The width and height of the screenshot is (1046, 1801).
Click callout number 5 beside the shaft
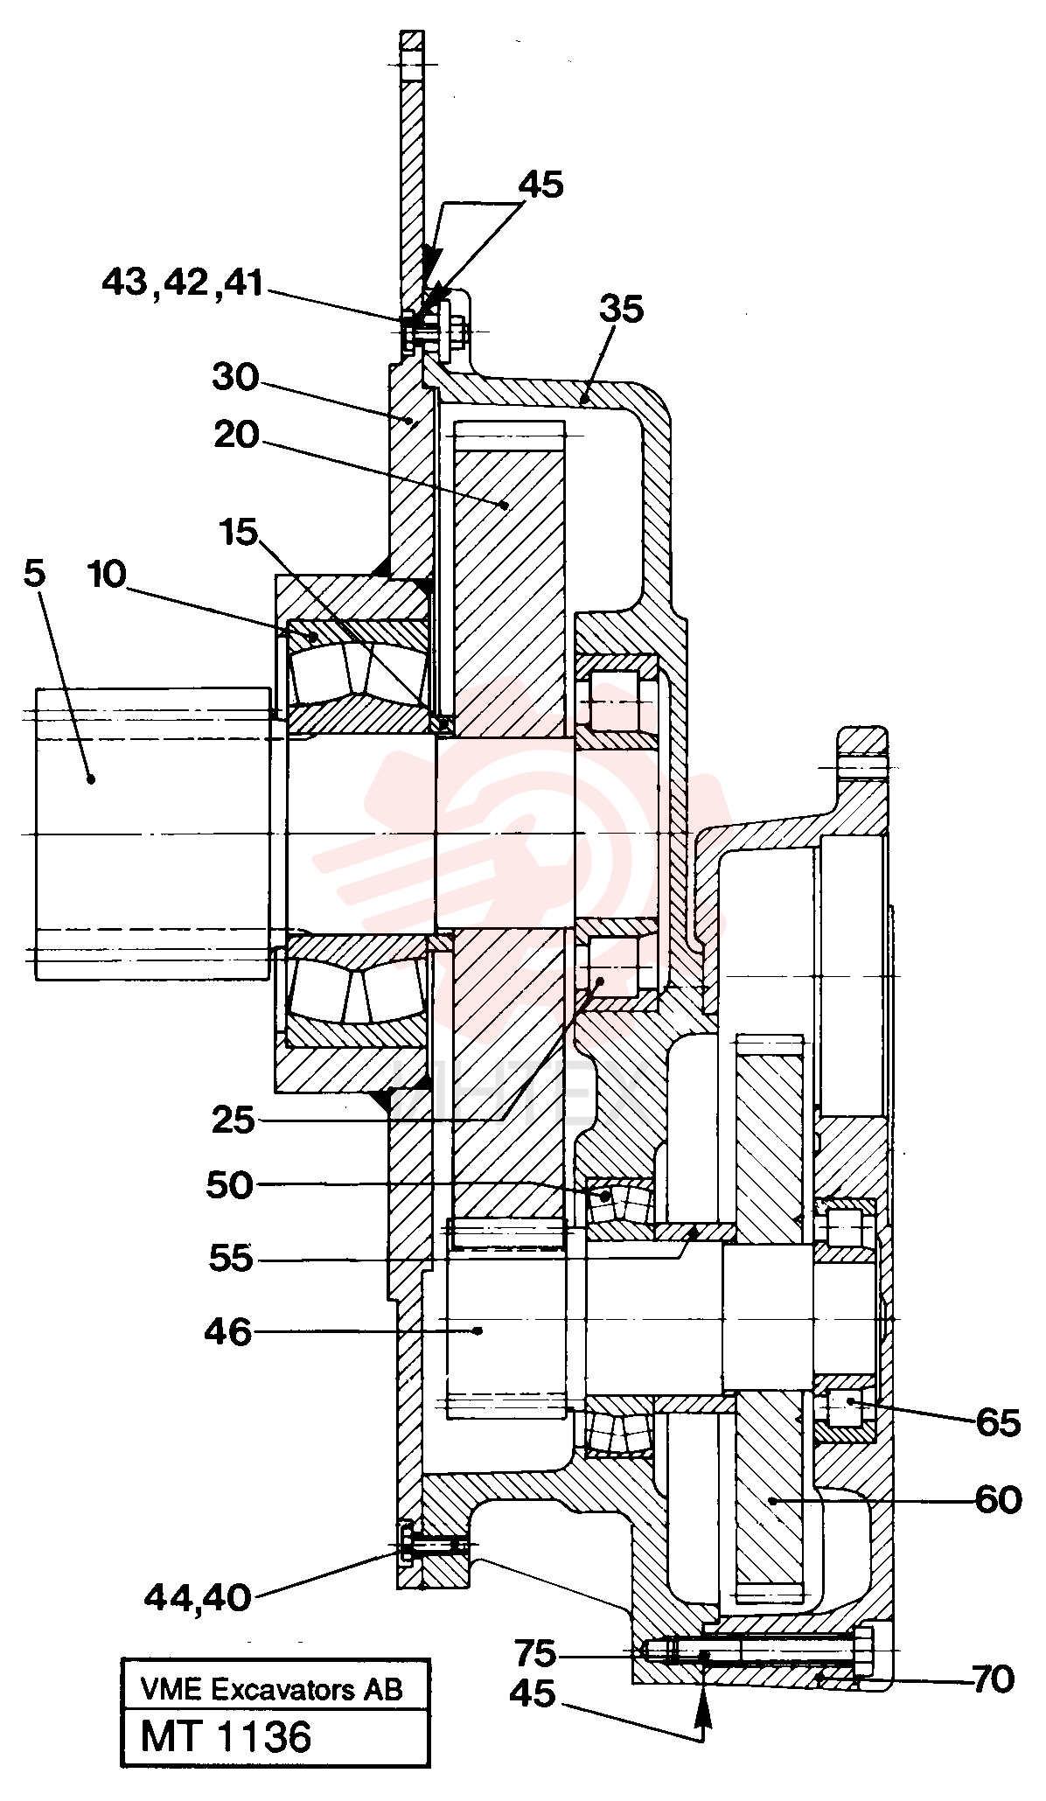click(35, 575)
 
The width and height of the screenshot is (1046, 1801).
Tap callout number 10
click(108, 575)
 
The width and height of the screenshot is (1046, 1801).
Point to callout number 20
click(237, 435)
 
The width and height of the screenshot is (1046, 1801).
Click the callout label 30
click(235, 378)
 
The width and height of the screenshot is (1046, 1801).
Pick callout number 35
click(622, 309)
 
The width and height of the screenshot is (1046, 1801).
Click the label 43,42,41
click(183, 283)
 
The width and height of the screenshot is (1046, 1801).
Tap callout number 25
click(233, 1120)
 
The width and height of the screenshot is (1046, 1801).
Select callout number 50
click(229, 1186)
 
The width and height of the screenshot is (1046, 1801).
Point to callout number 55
click(231, 1259)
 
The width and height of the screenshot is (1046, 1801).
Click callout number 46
click(227, 1332)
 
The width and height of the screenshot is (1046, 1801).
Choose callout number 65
click(998, 1424)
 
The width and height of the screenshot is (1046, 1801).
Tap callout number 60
click(998, 1501)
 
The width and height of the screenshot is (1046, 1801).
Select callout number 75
click(535, 1654)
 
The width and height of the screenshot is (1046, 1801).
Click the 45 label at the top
click(541, 185)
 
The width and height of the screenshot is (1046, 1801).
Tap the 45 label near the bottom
click(532, 1694)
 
